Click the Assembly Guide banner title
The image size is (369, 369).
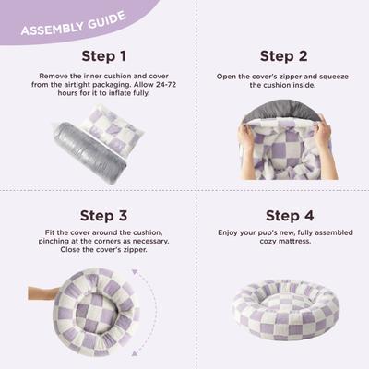66,27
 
